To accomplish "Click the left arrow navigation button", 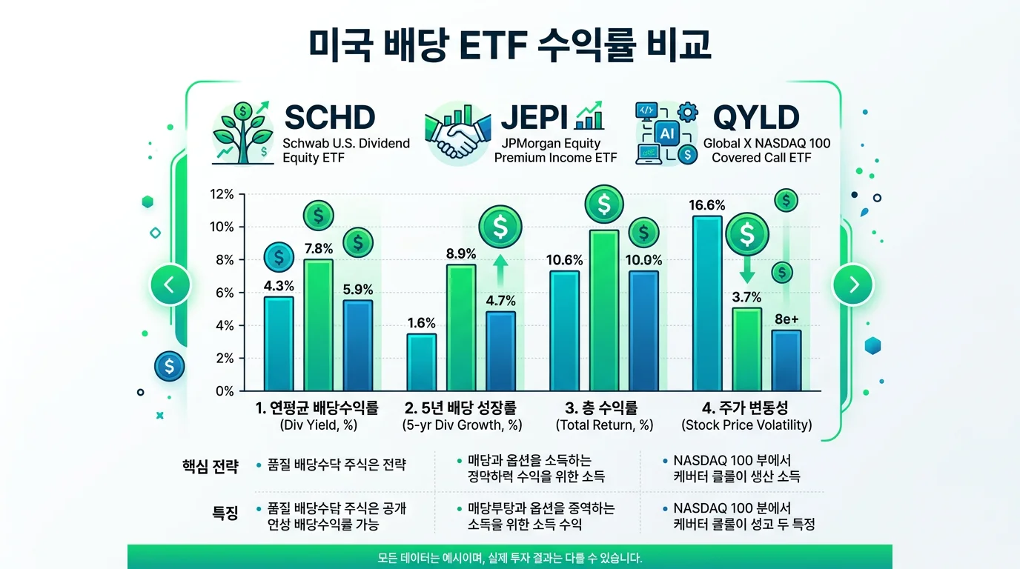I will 170,284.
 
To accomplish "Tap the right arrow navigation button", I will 853,284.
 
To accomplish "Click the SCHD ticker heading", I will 330,118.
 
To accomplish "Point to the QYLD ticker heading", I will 755,118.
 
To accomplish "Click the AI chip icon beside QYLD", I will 666,133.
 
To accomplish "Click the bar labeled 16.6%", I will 707,304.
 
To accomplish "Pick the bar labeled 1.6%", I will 421,362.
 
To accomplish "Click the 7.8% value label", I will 318,249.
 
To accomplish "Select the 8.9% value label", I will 460,253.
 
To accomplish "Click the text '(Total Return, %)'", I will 604,425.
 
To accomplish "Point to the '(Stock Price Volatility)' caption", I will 746,425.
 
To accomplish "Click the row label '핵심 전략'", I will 211,466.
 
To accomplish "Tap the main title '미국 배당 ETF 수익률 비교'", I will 510,45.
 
